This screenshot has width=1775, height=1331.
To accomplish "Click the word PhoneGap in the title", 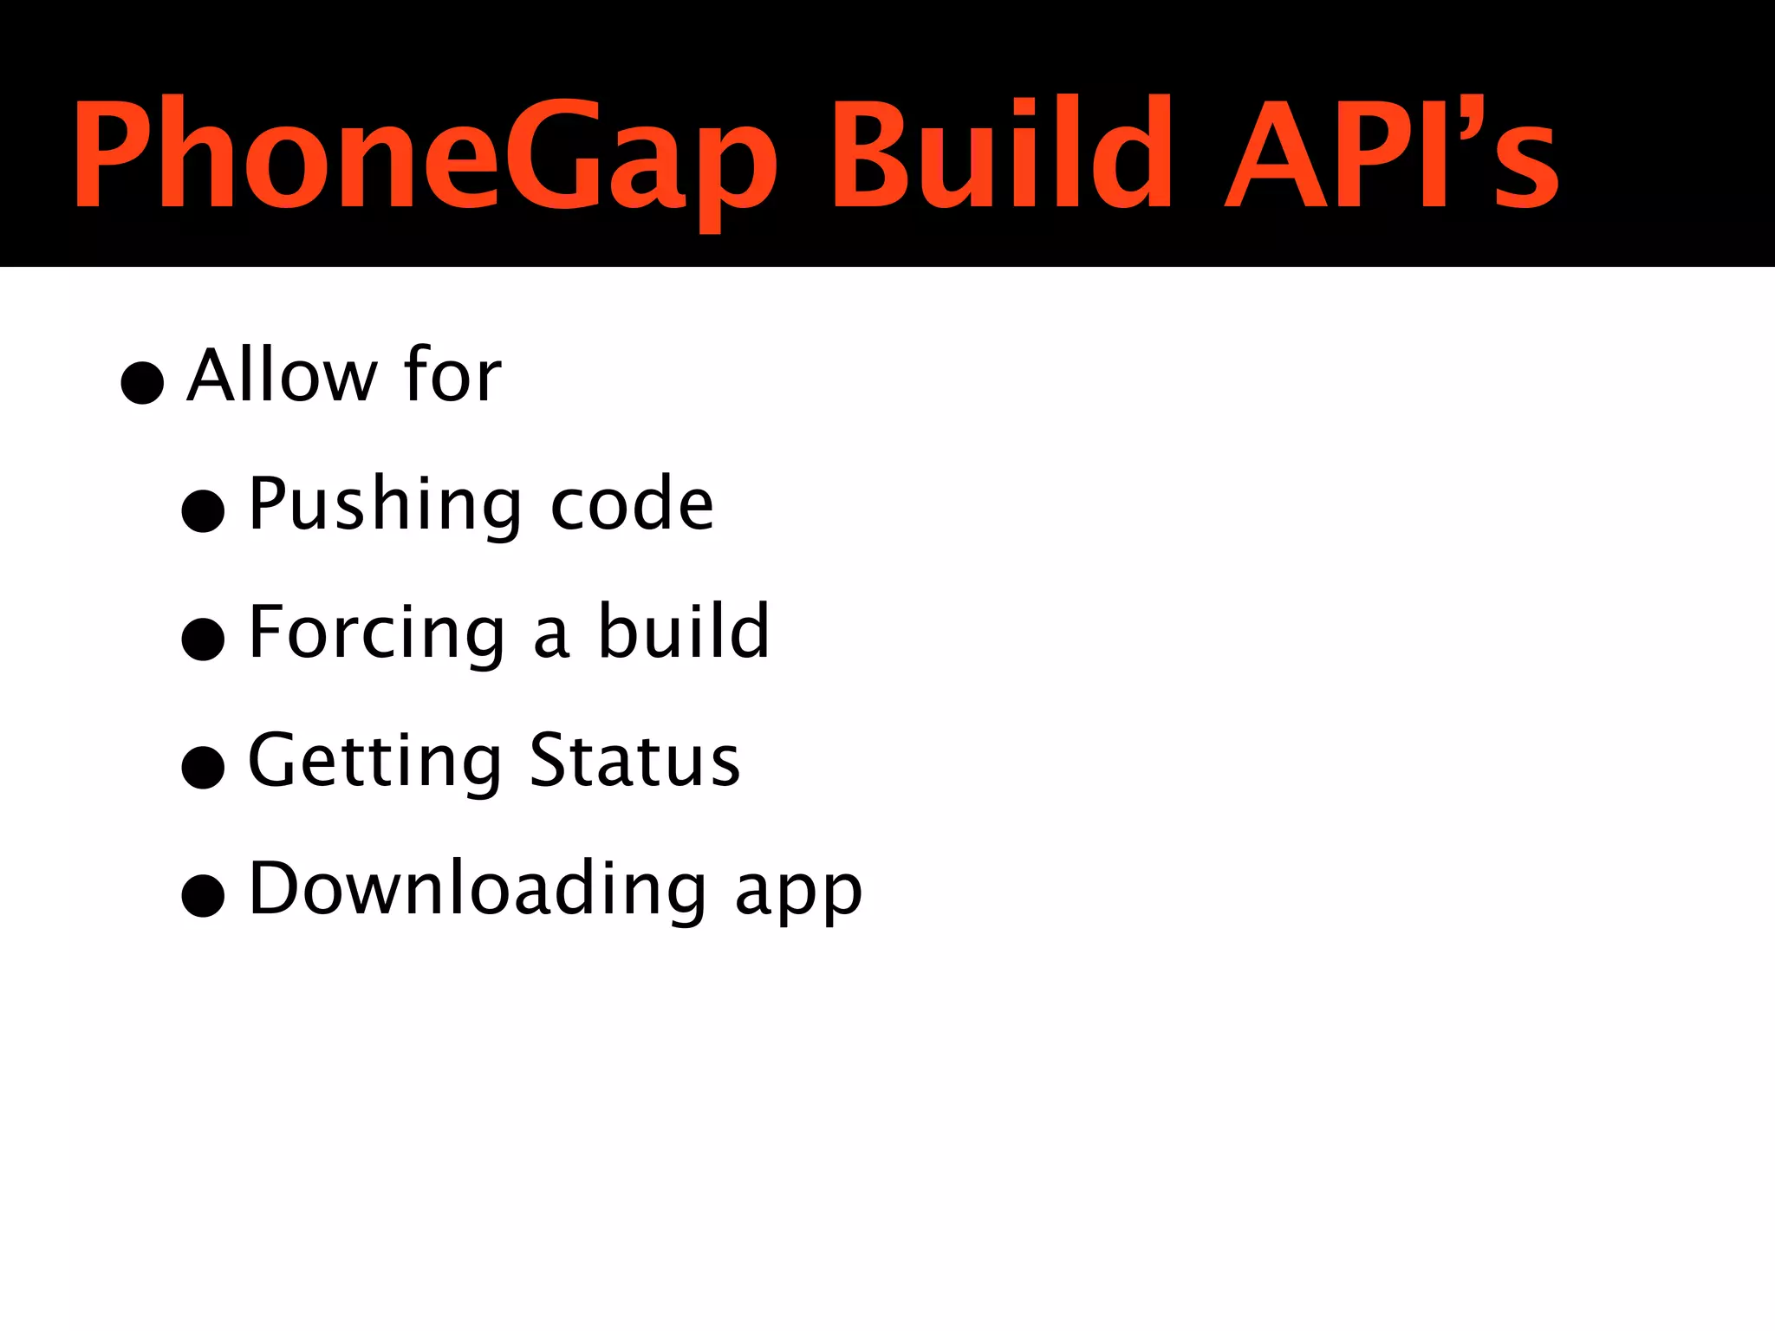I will pos(425,156).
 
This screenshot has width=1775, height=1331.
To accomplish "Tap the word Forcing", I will pos(377,633).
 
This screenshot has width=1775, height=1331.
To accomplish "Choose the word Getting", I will pos(374,762).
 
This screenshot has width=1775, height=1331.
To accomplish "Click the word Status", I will pos(634,760).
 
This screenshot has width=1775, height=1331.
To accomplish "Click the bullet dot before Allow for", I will pos(142,382).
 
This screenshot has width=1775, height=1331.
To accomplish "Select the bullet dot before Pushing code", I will pos(204,510).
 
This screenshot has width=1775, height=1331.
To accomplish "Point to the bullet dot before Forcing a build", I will pos(204,639).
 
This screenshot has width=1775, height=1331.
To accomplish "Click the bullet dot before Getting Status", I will pos(204,767).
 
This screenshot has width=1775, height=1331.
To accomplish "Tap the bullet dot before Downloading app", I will pos(204,895).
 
